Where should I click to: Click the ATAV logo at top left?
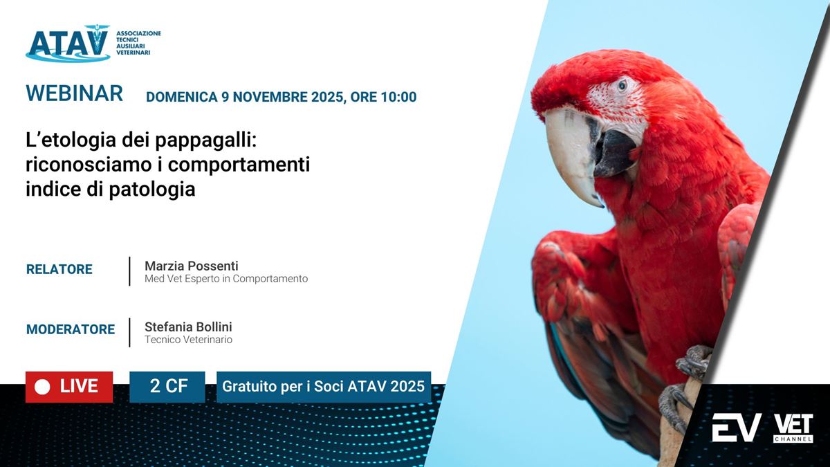point(93,44)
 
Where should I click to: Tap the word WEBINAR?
point(75,93)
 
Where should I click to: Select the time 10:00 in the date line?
point(398,97)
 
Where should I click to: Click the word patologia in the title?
point(152,190)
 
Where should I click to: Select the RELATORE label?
point(59,269)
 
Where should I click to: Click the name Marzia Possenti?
point(191,266)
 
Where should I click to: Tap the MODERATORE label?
point(71,329)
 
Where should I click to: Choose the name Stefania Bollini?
point(188,327)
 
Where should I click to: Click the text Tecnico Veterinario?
point(188,340)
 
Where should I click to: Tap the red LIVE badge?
point(69,387)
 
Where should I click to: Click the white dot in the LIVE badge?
point(42,387)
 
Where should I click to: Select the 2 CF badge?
point(167,387)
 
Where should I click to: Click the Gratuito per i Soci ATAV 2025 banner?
point(324,387)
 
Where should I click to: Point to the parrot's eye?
point(622,86)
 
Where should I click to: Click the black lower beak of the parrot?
point(614,153)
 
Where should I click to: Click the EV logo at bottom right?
point(737,428)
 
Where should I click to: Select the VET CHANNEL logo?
point(793,428)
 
